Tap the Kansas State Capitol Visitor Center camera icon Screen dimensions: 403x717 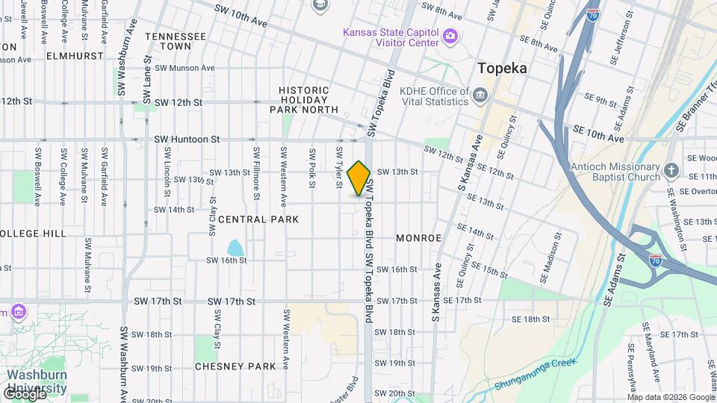[x=450, y=35]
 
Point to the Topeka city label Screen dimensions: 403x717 [x=502, y=68]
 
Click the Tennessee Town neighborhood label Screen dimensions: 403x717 [x=176, y=41]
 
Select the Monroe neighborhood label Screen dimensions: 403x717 [x=418, y=238]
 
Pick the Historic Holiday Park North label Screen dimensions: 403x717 [x=303, y=99]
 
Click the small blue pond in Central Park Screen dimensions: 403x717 [x=235, y=248]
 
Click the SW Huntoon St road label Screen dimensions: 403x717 [x=187, y=139]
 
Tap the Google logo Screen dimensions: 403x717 [x=24, y=393]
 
